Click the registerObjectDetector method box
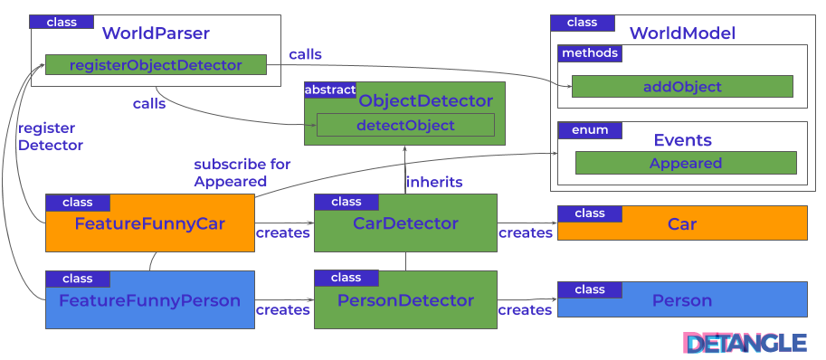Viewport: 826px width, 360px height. pos(156,65)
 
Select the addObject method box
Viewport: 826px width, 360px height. pos(682,86)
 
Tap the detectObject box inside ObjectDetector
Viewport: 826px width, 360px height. pos(405,125)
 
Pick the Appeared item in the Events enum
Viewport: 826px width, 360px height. pos(686,163)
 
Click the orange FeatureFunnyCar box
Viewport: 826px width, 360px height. pos(150,223)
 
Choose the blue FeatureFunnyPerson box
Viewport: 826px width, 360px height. pos(150,300)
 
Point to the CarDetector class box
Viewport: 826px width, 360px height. pos(405,223)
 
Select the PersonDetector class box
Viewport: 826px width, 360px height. pos(405,300)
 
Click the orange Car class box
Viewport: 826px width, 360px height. pos(682,223)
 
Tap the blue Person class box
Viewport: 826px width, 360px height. pos(682,300)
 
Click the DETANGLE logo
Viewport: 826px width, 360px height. pos(745,343)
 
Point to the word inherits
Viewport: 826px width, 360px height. pos(434,182)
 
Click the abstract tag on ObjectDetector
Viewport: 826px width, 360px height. pos(330,90)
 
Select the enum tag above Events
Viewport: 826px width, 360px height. pos(590,129)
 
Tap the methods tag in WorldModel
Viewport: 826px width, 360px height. pos(590,53)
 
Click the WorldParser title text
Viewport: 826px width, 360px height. pos(156,33)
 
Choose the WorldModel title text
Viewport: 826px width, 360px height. pos(682,33)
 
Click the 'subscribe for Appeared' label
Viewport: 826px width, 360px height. pos(242,173)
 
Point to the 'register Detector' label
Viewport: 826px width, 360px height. pos(50,137)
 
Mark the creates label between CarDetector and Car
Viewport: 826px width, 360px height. pos(526,232)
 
